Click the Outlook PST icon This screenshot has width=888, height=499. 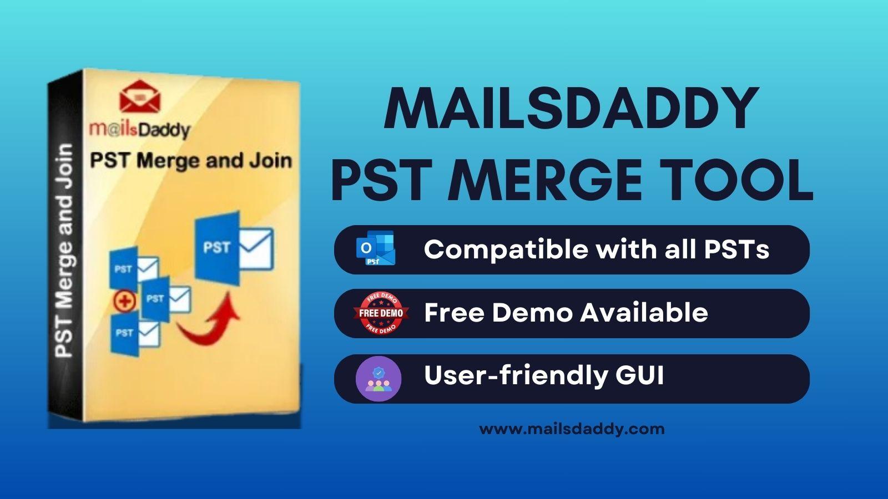375,249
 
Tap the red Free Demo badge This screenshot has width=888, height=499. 381,313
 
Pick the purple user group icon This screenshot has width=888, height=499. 379,379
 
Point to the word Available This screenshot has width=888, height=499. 644,312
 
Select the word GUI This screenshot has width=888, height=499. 640,375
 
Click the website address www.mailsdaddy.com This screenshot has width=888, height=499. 572,429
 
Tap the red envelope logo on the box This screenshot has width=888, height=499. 140,96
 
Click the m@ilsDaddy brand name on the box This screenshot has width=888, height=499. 139,130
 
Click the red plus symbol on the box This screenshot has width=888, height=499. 125,301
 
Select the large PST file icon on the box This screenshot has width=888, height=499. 234,248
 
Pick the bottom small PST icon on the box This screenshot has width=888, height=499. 135,333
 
